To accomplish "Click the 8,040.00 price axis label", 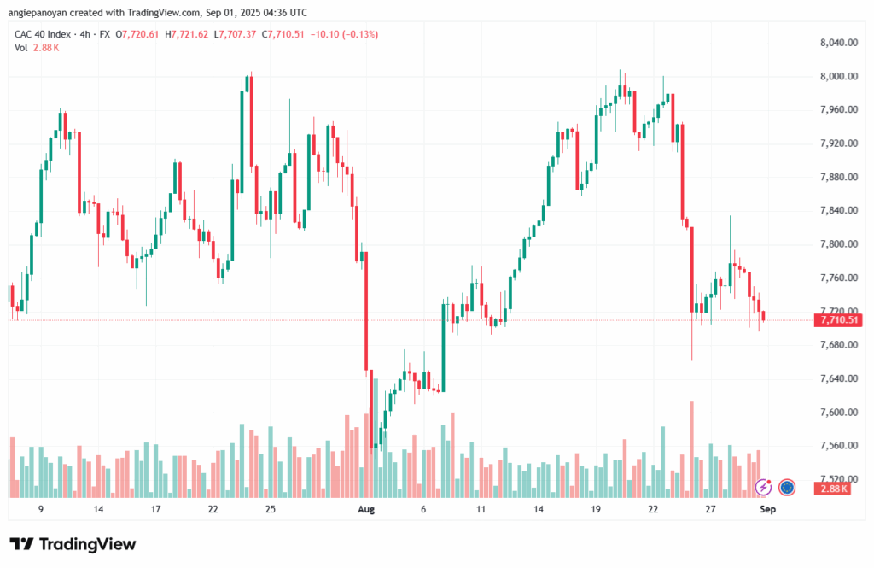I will [838, 42].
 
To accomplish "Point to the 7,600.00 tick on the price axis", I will [838, 413].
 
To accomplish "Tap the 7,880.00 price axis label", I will [838, 177].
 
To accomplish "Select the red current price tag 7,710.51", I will [838, 320].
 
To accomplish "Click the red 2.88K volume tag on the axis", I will [833, 489].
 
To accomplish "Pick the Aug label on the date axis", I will [366, 509].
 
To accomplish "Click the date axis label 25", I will [270, 509].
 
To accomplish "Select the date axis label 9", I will [41, 509].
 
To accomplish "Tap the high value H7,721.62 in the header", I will [191, 34].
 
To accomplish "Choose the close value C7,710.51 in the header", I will [291, 34].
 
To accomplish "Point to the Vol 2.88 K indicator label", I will [37, 48].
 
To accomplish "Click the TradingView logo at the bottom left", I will [73, 544].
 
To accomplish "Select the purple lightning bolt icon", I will [764, 487].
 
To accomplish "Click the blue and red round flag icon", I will [787, 487].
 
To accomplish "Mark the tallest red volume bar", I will [691, 449].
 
